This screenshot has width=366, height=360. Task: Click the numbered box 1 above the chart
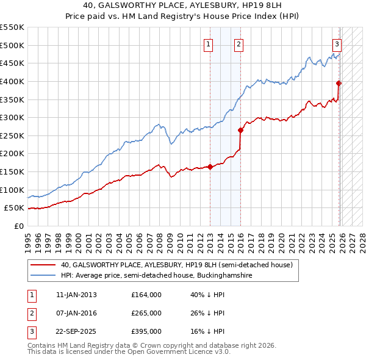pos(209,44)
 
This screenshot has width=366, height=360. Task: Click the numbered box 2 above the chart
pos(239,44)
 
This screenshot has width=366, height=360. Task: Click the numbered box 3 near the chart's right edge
pos(337,44)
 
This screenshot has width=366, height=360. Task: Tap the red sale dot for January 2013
pos(210,166)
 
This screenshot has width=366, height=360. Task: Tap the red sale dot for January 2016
pos(240,129)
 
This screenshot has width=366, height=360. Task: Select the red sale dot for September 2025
pos(339,83)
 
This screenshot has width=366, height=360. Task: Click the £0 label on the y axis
pos(19,226)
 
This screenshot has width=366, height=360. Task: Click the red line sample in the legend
pos(43,265)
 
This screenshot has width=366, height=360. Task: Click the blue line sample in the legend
pos(43,276)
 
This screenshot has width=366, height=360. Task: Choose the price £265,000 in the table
pos(146,313)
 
